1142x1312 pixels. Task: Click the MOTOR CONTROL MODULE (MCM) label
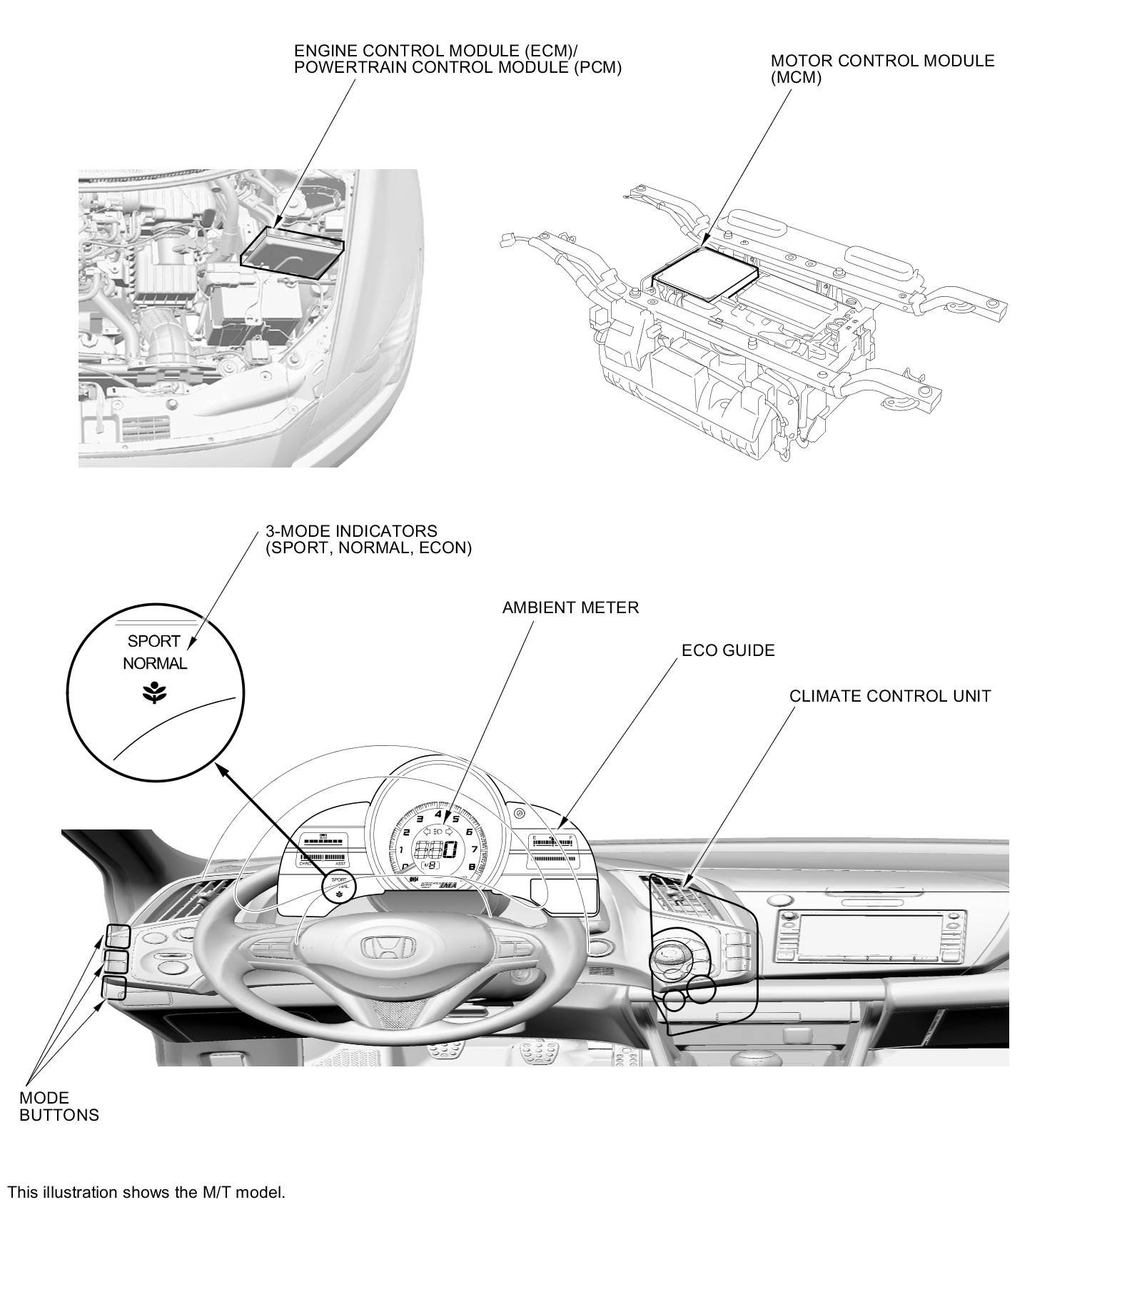[x=882, y=69]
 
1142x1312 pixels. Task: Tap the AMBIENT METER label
[x=570, y=607]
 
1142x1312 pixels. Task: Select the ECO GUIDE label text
[x=728, y=650]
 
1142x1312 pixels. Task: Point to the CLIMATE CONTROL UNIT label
[x=890, y=696]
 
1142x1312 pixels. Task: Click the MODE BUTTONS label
[x=59, y=1106]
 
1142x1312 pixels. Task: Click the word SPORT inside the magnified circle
[x=153, y=641]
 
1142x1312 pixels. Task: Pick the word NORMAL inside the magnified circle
[x=155, y=663]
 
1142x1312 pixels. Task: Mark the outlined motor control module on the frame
[x=705, y=275]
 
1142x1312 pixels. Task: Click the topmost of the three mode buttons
[x=118, y=936]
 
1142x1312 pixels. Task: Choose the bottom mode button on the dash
[x=114, y=988]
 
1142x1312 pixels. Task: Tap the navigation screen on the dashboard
[x=870, y=934]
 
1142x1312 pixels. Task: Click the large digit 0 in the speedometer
[x=450, y=849]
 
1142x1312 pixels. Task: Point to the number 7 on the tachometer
[x=474, y=849]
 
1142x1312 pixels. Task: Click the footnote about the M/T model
[x=146, y=1192]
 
